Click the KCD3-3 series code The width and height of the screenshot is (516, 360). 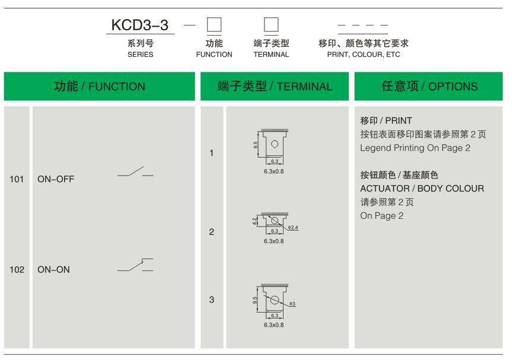[x=140, y=25]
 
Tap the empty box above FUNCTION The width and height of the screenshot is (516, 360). [x=214, y=25]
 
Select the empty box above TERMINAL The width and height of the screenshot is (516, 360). [x=271, y=25]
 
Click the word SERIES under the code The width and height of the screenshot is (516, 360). [x=140, y=55]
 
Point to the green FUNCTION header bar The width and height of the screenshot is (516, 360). [x=100, y=86]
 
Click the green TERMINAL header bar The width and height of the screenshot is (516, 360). [x=275, y=86]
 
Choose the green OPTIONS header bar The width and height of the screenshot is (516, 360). [x=428, y=86]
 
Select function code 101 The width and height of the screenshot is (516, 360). [x=17, y=179]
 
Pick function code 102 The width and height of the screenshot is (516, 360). [x=17, y=269]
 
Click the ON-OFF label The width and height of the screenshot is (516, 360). [x=56, y=179]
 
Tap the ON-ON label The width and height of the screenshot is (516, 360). [x=53, y=269]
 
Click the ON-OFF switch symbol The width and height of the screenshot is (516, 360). [x=135, y=172]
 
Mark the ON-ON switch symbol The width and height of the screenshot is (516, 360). [x=135, y=265]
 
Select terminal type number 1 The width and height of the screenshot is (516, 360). [x=211, y=153]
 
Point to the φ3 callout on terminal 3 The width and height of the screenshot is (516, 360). [x=292, y=304]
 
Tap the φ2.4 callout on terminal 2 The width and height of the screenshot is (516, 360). [x=293, y=227]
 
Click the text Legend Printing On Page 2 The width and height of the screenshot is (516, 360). [x=415, y=148]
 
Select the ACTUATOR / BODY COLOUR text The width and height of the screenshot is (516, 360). [x=422, y=189]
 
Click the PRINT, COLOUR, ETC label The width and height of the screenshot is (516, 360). [x=364, y=55]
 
